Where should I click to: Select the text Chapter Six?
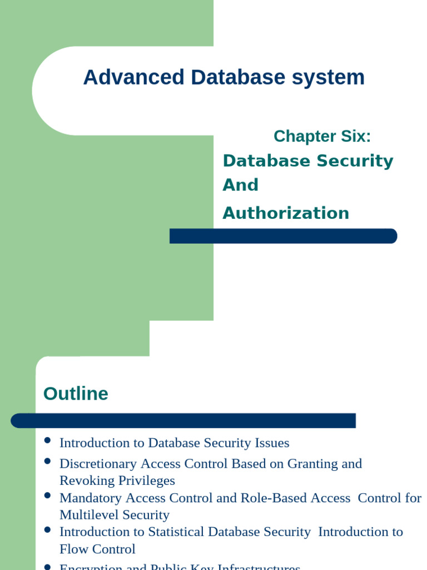point(322,136)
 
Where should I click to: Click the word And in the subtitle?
point(240,185)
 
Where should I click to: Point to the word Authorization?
point(286,213)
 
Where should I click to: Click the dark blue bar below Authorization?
point(283,236)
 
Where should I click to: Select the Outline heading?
point(76,394)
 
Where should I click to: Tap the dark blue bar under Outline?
point(183,421)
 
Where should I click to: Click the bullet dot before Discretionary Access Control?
point(47,461)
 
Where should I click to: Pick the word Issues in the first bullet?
point(272,443)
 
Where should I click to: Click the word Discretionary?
point(98,464)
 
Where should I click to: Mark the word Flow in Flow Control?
point(72,549)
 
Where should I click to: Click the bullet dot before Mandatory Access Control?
point(47,495)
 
